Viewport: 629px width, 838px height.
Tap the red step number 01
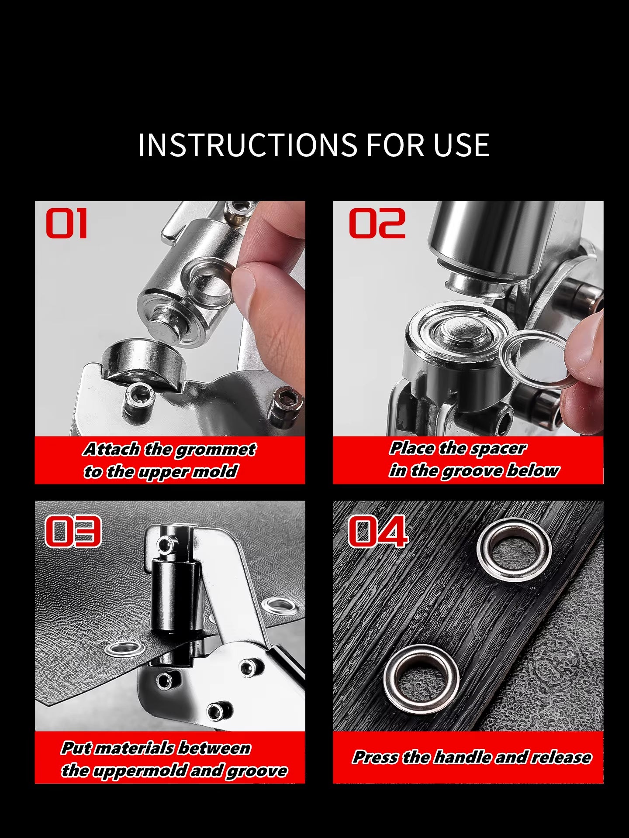(x=67, y=223)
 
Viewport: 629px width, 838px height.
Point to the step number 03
(x=73, y=532)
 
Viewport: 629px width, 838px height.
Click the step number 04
(x=378, y=532)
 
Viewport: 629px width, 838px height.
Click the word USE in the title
(x=461, y=145)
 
